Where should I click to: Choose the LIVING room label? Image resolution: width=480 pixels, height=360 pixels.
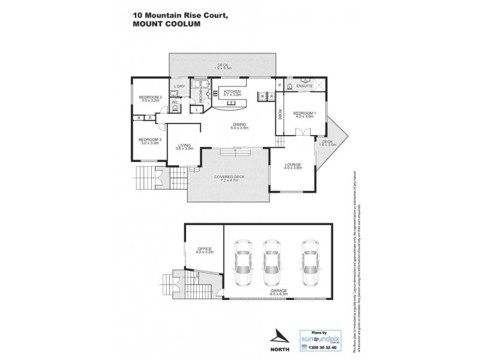click(185, 146)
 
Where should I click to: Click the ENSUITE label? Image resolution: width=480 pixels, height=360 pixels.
click(305, 86)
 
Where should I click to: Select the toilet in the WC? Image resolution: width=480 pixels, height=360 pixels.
click(175, 109)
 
